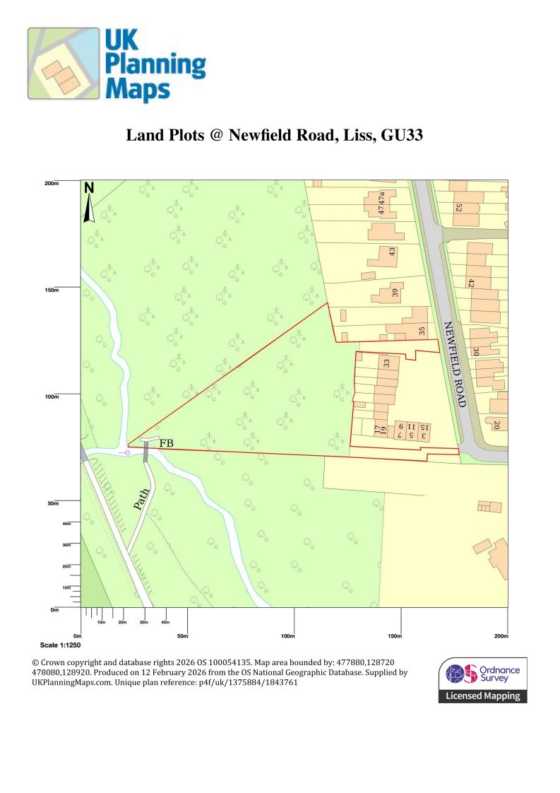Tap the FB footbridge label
(167, 443)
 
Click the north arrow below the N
(89, 208)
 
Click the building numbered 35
(422, 331)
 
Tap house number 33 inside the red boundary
(386, 364)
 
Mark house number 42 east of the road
(471, 283)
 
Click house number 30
(477, 351)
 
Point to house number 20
(496, 425)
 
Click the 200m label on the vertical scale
(51, 183)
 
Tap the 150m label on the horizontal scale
(395, 637)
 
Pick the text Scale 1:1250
(60, 646)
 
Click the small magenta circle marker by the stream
(129, 452)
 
